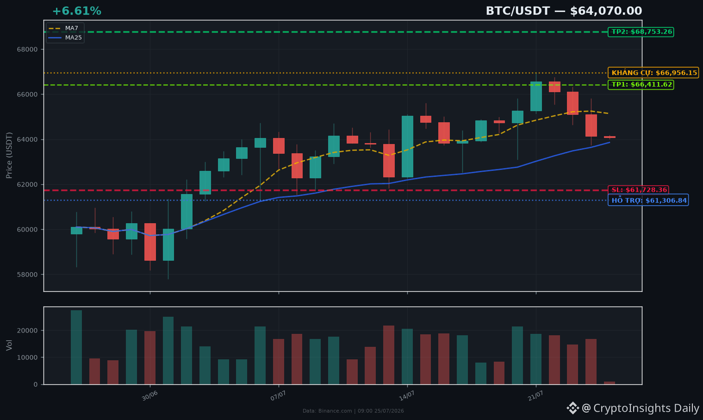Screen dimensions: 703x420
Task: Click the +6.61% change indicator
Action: point(76,11)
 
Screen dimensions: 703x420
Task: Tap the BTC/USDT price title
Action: point(564,11)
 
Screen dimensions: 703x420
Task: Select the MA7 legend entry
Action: point(64,28)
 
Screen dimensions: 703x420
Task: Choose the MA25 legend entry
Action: point(65,38)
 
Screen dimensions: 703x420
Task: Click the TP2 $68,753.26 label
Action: point(641,31)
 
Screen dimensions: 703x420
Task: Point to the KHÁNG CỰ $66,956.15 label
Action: point(653,73)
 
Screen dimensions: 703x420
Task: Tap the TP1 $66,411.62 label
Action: point(641,85)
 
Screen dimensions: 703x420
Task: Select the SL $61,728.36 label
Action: point(638,190)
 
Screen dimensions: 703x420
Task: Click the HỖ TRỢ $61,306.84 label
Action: point(648,200)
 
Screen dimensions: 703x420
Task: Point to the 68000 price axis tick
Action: point(27,50)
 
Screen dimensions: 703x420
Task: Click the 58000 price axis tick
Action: point(27,275)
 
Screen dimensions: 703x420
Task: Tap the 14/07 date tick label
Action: point(407,396)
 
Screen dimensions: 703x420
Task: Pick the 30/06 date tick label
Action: point(149,396)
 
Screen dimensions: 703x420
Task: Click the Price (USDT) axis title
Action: point(9,156)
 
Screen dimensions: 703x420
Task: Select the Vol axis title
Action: point(9,345)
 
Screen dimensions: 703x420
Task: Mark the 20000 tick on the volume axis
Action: point(27,331)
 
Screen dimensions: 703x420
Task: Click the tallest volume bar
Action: point(76,347)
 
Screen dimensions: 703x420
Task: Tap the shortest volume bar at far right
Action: point(610,383)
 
